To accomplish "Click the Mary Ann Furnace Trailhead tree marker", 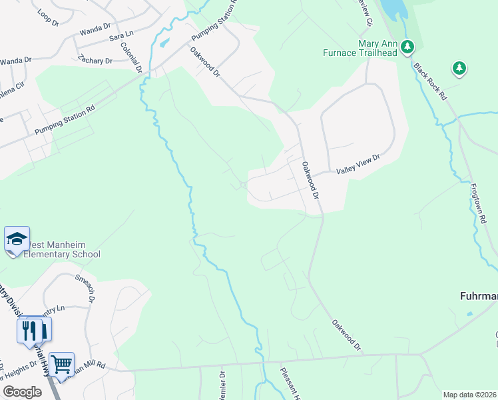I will pyautogui.click(x=408, y=47).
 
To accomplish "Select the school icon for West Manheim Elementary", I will pyautogui.click(x=17, y=239).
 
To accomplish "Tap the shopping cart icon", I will pyautogui.click(x=61, y=364).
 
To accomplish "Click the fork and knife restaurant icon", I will pyautogui.click(x=29, y=331).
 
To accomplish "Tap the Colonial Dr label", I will pyautogui.click(x=131, y=58).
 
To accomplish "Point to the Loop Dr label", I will pyautogui.click(x=49, y=13).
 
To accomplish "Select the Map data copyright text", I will pyautogui.click(x=469, y=395).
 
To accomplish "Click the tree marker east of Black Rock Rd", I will pyautogui.click(x=459, y=67).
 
